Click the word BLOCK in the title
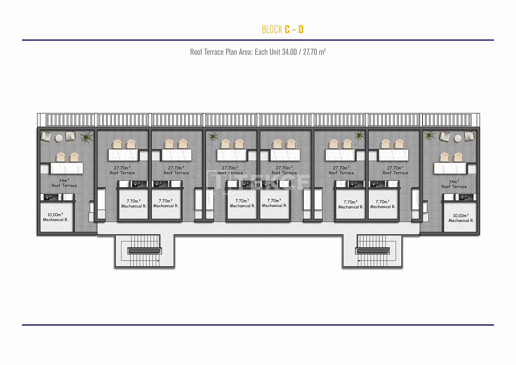(272, 29)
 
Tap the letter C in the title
(287, 29)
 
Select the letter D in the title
(301, 29)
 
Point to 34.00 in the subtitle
(289, 52)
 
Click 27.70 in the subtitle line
(310, 52)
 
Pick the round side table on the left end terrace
(59, 138)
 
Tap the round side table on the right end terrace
(458, 138)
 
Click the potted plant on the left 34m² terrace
(86, 137)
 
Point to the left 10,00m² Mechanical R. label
(55, 217)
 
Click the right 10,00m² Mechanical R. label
(461, 218)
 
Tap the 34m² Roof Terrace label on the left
(64, 183)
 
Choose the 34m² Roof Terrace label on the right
(454, 184)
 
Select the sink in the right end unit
(466, 197)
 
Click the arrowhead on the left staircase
(158, 261)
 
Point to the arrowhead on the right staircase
(359, 261)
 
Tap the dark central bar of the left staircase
(145, 251)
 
